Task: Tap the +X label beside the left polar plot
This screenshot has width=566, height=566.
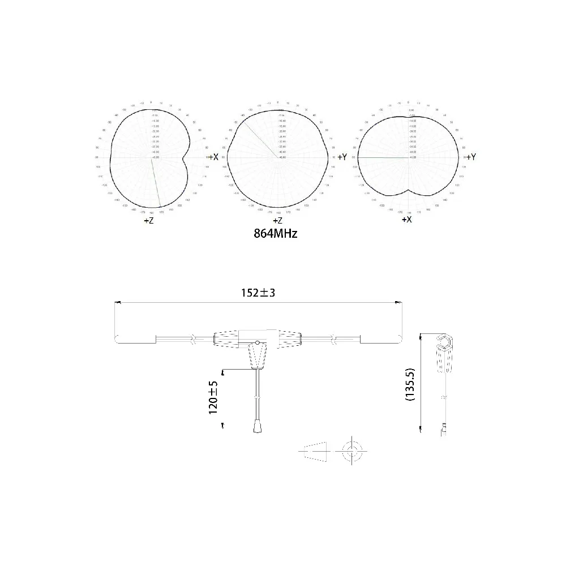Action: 213,156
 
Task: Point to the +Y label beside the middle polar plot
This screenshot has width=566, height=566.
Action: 341,157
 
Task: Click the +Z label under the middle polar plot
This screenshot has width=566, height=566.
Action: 277,221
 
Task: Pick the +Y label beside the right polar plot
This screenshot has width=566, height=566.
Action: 469,157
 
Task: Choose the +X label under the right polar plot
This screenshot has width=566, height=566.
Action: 406,219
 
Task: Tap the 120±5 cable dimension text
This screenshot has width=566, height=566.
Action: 214,397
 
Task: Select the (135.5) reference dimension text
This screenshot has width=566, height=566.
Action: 411,384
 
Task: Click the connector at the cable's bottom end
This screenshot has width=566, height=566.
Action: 258,425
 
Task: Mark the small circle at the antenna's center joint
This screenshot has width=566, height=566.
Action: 258,343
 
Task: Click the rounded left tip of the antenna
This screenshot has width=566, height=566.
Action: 118,339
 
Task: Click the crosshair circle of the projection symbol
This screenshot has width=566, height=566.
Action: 351,451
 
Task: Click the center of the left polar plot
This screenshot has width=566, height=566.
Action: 151,157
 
